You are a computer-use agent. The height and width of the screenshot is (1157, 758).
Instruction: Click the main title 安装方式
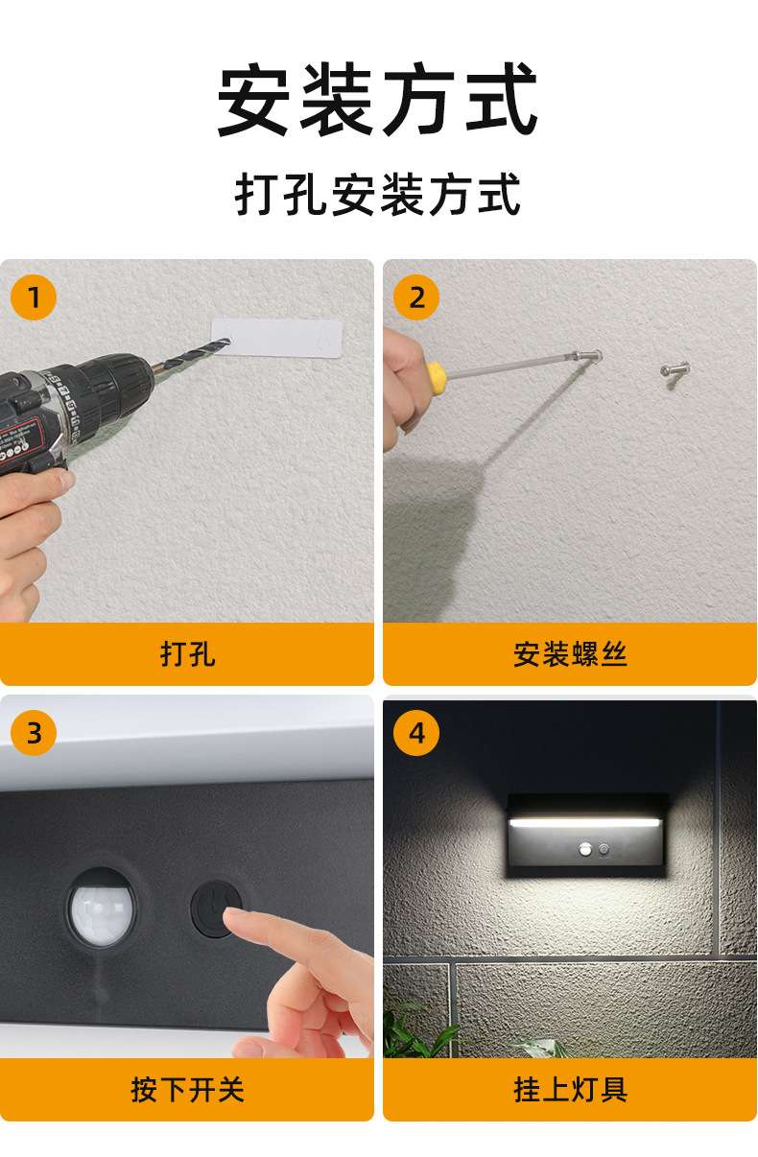coord(378,99)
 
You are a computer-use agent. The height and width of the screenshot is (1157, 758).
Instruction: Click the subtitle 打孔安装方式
coord(378,194)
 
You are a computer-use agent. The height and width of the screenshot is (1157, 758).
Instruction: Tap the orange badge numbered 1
coord(34,297)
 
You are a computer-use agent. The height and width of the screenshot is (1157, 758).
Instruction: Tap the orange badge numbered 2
coord(416,297)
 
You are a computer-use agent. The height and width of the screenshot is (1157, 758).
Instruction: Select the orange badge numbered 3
coord(34,733)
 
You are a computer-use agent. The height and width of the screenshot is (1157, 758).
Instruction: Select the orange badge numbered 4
coord(416,733)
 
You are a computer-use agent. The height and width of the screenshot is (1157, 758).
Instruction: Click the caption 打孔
coord(187,654)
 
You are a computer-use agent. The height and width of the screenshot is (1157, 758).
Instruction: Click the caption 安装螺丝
coord(570,654)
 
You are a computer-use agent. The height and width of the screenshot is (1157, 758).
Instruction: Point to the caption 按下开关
coord(187,1090)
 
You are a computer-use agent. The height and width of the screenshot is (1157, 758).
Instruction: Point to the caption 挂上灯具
coord(570,1090)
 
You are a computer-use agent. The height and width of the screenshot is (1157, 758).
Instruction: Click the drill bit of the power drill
coord(190,353)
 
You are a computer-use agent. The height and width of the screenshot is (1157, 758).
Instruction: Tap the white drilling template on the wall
coord(277,338)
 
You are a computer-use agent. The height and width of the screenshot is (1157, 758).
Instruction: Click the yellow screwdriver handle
coord(437,377)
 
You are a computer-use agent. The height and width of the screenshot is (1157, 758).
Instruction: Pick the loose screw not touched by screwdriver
coord(675,373)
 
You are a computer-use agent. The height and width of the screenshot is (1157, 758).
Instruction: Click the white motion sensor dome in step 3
coord(102,909)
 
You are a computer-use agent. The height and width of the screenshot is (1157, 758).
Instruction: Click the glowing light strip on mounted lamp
coord(584,821)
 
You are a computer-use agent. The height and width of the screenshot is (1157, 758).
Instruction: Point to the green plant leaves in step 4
coord(417,1031)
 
